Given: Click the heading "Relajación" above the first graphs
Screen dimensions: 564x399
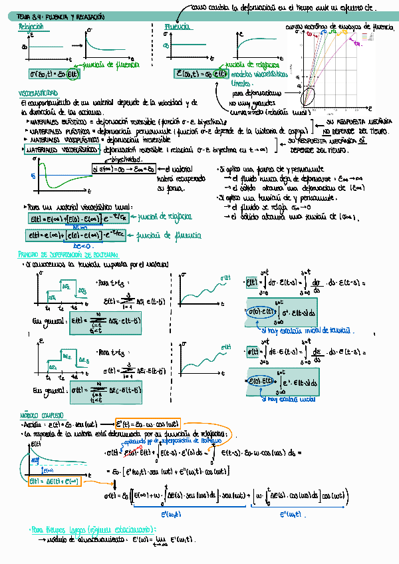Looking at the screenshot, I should click(x=31, y=27).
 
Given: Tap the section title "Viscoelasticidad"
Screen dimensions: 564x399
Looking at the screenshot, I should click(x=38, y=94).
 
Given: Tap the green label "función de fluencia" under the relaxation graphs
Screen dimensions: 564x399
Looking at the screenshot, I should click(x=114, y=65).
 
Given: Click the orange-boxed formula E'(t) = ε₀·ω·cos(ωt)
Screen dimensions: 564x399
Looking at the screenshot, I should click(x=148, y=424).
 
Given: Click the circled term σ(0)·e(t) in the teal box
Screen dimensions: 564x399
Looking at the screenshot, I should click(x=262, y=312).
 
